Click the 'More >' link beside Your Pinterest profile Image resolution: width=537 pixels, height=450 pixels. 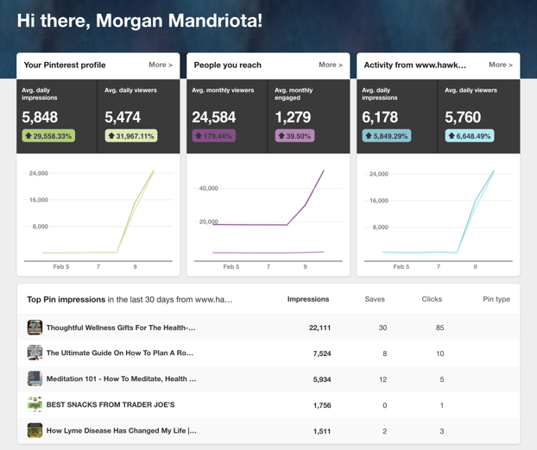coord(160,65)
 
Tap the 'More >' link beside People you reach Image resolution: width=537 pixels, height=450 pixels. coord(330,65)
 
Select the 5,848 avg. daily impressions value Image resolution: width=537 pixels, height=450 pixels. coord(40,117)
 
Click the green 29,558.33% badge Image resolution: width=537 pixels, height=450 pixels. coord(48,136)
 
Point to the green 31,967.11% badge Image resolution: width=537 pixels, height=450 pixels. coord(130,136)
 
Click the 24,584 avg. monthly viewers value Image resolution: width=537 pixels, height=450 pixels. coord(213,117)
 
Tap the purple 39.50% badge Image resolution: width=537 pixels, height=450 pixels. coord(294,136)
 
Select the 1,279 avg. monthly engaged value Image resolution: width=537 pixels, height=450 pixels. coord(293,117)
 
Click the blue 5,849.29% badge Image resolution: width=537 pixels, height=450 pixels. coord(387,136)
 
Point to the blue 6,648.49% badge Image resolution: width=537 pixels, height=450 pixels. coord(470,136)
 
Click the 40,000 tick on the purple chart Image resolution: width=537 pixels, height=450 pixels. coord(208,188)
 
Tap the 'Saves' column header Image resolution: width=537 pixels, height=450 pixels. coord(375,299)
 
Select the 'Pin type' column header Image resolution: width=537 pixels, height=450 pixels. coord(496,299)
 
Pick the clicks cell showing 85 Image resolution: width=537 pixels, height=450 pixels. coord(439,328)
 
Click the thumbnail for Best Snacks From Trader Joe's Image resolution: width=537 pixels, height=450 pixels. coord(35,404)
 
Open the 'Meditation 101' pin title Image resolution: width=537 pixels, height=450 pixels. coord(121,378)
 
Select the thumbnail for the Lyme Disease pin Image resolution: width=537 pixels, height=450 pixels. coord(35,430)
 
